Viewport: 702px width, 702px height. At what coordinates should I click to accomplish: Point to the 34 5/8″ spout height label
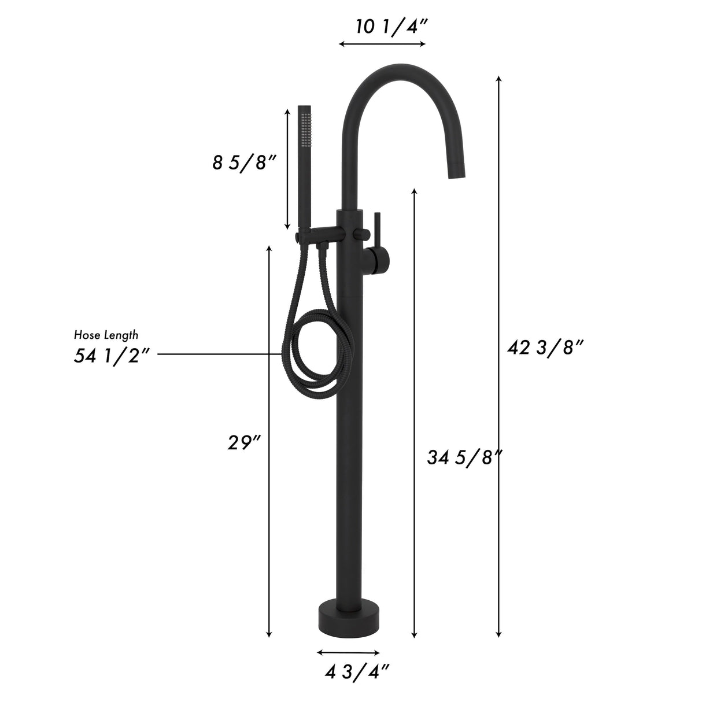(463, 457)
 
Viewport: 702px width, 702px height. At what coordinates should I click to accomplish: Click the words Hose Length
(106, 334)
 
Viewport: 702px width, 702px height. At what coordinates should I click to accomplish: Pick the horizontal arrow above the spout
(383, 44)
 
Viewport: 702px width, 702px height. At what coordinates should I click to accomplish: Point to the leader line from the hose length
(220, 353)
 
